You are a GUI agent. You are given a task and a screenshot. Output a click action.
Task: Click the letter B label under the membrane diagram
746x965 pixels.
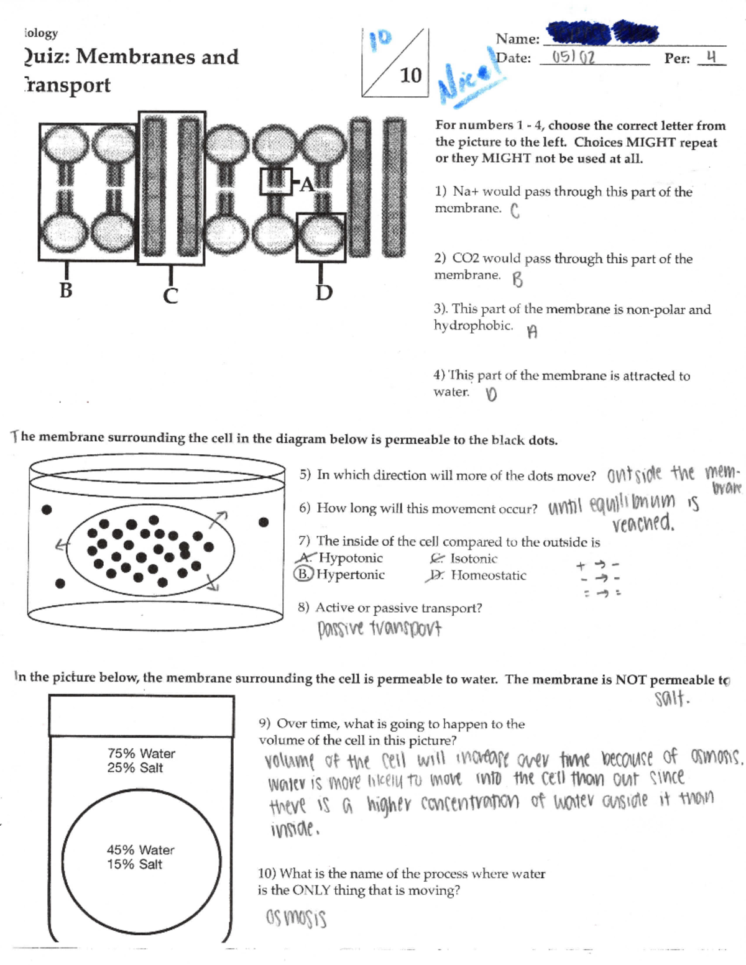[65, 290]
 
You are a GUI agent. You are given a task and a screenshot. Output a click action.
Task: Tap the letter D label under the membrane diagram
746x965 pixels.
[324, 292]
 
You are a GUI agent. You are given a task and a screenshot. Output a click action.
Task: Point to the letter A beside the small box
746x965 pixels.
[307, 185]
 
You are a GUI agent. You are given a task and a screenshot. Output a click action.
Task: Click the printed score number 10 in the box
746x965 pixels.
[410, 75]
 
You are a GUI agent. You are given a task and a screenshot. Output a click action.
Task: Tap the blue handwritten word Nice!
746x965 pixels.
[471, 81]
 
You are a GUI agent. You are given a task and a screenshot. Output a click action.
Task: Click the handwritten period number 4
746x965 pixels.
[712, 57]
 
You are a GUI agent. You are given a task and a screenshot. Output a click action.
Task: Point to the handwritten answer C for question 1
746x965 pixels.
[515, 211]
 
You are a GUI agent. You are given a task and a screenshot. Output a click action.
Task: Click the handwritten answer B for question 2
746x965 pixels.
[517, 280]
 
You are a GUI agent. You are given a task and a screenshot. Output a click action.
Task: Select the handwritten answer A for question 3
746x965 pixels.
[532, 332]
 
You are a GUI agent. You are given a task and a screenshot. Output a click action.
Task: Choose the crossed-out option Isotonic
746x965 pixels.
[473, 559]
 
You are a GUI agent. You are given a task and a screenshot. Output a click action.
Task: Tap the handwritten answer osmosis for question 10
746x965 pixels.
[296, 918]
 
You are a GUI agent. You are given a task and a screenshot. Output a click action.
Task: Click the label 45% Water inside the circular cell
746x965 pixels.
[140, 849]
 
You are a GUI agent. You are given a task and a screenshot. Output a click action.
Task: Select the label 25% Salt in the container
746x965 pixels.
[135, 767]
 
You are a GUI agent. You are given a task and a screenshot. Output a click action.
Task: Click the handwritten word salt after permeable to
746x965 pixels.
[671, 699]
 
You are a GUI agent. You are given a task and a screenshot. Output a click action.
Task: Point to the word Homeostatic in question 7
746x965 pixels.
[488, 575]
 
